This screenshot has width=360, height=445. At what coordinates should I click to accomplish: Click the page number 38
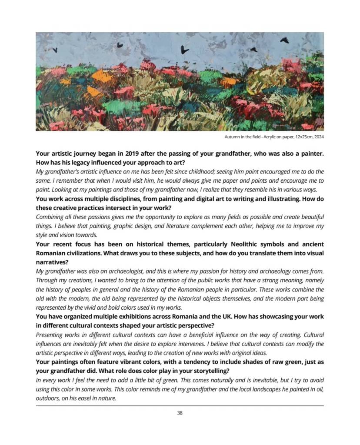[180, 413]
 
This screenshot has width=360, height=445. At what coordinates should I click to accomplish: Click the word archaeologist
[115, 271]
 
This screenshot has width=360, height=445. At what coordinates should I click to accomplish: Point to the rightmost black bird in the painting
[285, 40]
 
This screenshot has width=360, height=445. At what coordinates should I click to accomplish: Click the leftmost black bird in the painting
[55, 50]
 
